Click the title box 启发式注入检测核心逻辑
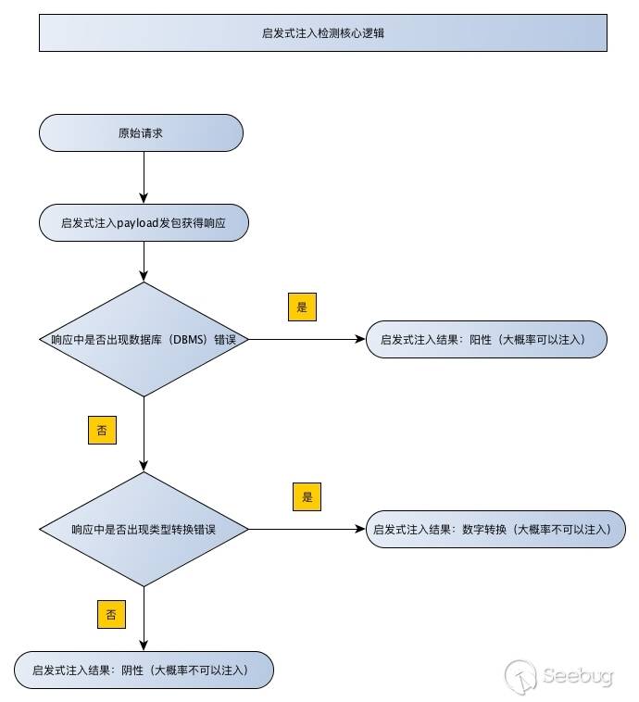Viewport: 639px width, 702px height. [x=323, y=32]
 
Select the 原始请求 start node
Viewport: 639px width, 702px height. [x=141, y=132]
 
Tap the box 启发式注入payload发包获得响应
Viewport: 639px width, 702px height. [x=144, y=223]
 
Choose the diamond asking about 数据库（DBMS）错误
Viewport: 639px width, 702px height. [x=144, y=339]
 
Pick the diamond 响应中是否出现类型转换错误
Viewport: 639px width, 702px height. [x=144, y=530]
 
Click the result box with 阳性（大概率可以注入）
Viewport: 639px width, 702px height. [x=486, y=339]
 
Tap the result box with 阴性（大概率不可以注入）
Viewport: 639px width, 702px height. [x=144, y=670]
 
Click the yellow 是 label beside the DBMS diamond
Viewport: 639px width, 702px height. [x=302, y=307]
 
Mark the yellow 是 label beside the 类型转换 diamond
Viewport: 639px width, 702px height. [x=307, y=496]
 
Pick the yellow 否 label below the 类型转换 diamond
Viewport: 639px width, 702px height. [x=110, y=613]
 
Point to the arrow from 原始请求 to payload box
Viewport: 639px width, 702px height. [x=144, y=176]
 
